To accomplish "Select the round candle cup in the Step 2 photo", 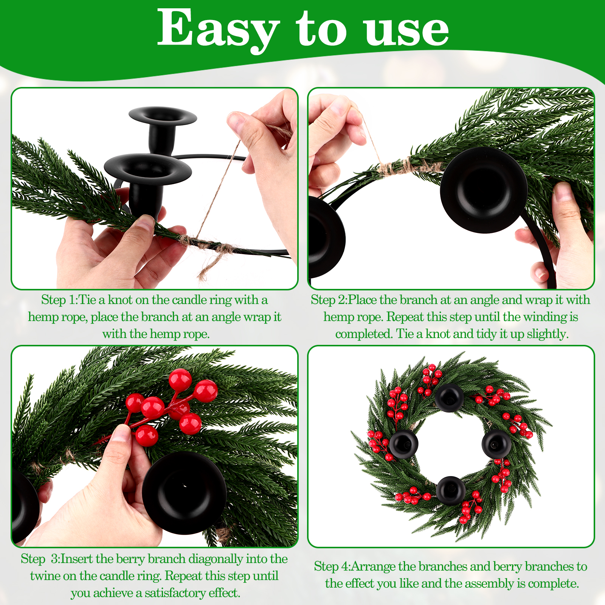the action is pos(484,190).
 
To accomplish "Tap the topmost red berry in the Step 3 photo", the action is pos(180,379).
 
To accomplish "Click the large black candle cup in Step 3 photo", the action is pos(184,492).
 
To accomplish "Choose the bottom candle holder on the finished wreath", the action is pos(450,490).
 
